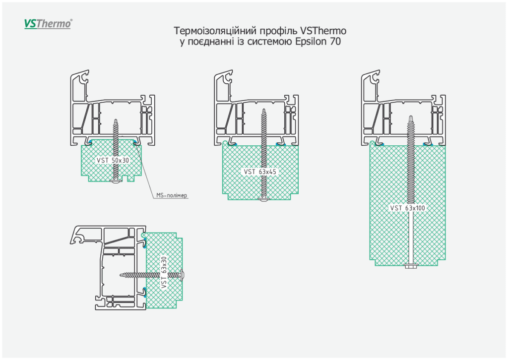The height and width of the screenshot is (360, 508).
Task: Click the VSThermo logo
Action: (x=48, y=23)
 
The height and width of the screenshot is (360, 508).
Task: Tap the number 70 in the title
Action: (x=335, y=42)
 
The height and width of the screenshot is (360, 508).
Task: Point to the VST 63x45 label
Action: (x=259, y=172)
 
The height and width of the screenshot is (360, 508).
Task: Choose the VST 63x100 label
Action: (x=407, y=208)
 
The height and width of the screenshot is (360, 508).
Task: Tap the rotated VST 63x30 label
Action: (x=164, y=272)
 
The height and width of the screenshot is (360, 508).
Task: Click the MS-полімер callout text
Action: (x=172, y=196)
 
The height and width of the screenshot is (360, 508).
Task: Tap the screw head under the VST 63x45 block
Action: (x=263, y=200)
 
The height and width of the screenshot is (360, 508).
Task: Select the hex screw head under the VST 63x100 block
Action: (x=411, y=267)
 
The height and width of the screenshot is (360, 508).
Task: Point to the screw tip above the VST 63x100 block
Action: (x=411, y=117)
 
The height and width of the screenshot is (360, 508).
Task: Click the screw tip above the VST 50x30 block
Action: (x=116, y=121)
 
